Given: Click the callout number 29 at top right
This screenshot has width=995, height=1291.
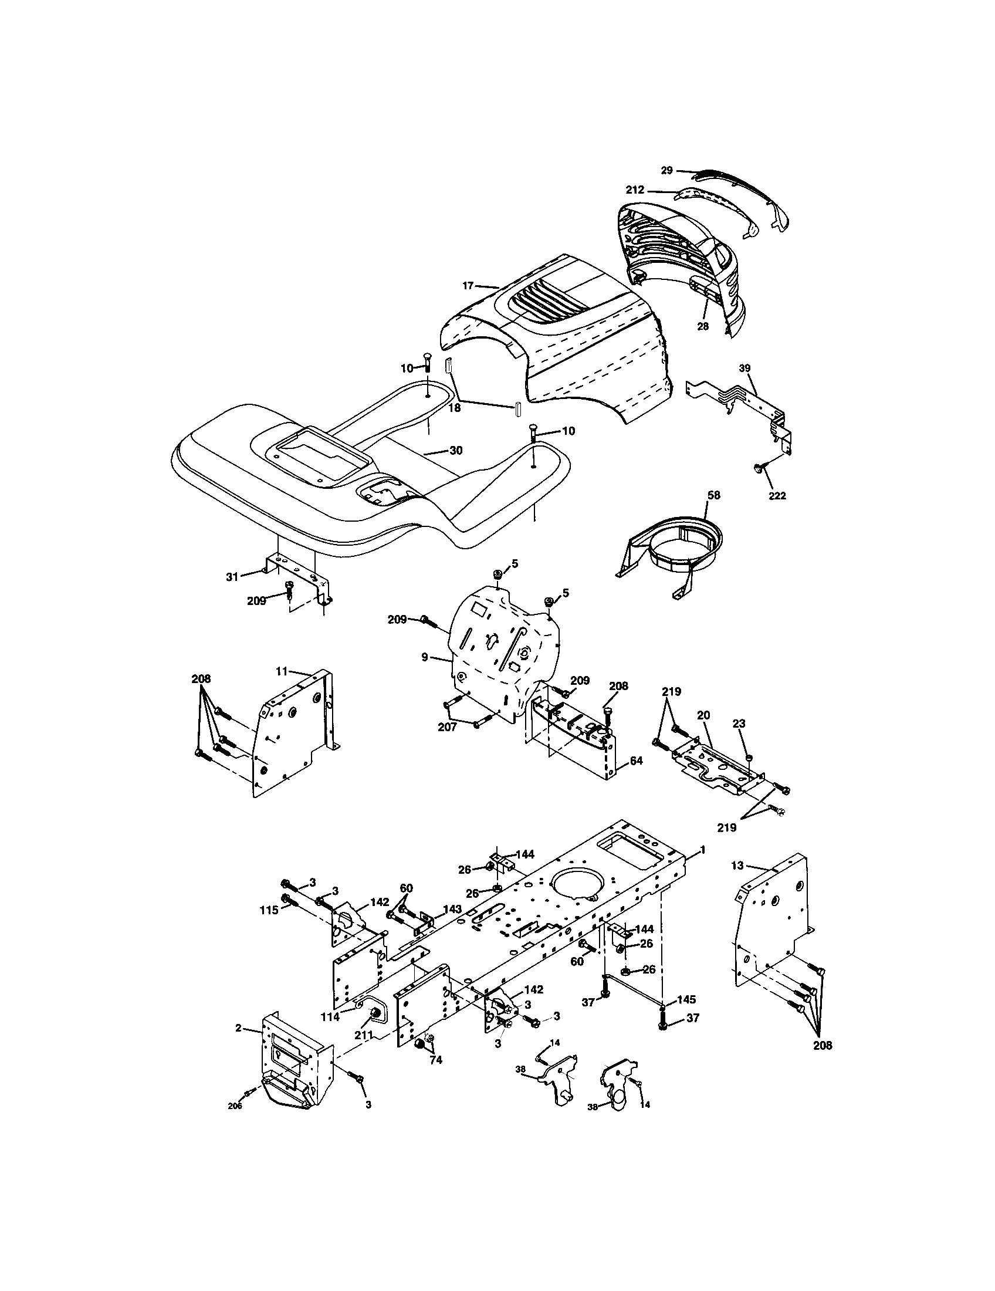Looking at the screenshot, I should (x=666, y=170).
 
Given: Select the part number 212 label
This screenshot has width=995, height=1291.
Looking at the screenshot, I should (x=636, y=191).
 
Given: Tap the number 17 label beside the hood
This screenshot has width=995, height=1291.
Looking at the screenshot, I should (x=468, y=286).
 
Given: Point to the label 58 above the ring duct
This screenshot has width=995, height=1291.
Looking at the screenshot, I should (x=714, y=495).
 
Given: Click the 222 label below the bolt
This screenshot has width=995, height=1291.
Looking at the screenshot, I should (x=777, y=496).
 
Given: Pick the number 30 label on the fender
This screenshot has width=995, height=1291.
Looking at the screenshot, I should (x=455, y=451).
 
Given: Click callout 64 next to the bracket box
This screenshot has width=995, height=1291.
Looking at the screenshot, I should (x=636, y=761).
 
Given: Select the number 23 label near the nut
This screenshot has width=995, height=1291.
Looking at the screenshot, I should (x=739, y=724).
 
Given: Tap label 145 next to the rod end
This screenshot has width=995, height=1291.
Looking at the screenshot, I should (x=686, y=999).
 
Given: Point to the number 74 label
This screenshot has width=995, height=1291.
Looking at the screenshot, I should (x=435, y=1060).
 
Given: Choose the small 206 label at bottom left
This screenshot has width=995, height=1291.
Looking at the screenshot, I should (x=235, y=1107).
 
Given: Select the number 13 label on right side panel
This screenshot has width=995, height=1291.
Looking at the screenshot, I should (x=737, y=866).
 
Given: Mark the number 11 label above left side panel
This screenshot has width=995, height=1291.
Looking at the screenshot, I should (x=282, y=671).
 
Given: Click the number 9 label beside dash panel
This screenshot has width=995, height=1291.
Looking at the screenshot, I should (x=424, y=657).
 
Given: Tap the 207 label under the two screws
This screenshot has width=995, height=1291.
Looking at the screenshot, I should (x=446, y=728).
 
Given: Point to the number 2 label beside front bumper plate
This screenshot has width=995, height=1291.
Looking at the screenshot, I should (x=238, y=1029).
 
